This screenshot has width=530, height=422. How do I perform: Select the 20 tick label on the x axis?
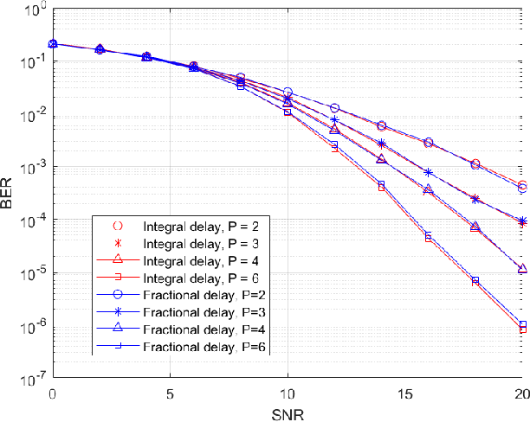coord(521,393)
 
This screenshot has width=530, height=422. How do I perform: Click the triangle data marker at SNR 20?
coord(522,269)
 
